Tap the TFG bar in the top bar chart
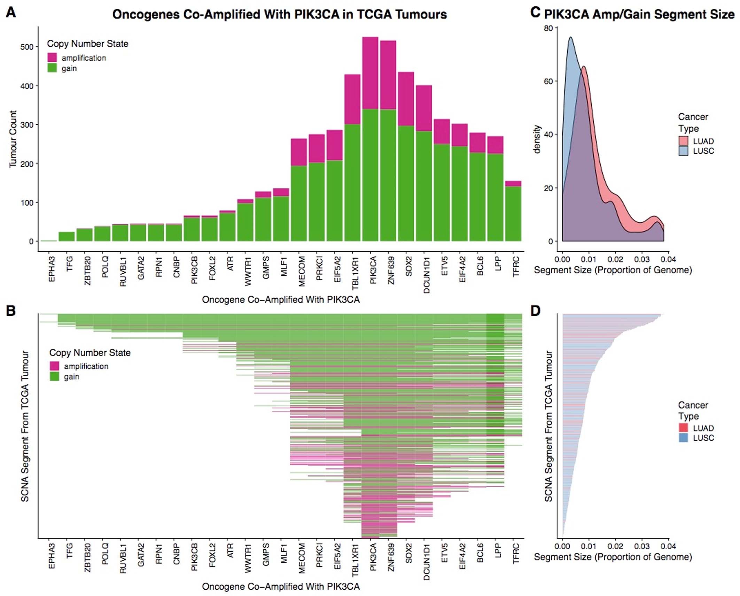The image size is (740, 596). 67,236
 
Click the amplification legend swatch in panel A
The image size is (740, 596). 52,58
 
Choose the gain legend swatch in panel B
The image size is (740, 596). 54,376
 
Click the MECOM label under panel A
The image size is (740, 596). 302,272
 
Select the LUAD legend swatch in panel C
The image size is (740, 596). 683,141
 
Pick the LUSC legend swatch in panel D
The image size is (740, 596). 683,438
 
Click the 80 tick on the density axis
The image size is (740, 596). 548,28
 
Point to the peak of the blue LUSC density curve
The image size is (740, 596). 570,37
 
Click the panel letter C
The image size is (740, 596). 535,13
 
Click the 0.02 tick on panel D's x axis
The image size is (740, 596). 615,546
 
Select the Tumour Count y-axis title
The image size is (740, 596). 13,139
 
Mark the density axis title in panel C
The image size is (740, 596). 537,139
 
